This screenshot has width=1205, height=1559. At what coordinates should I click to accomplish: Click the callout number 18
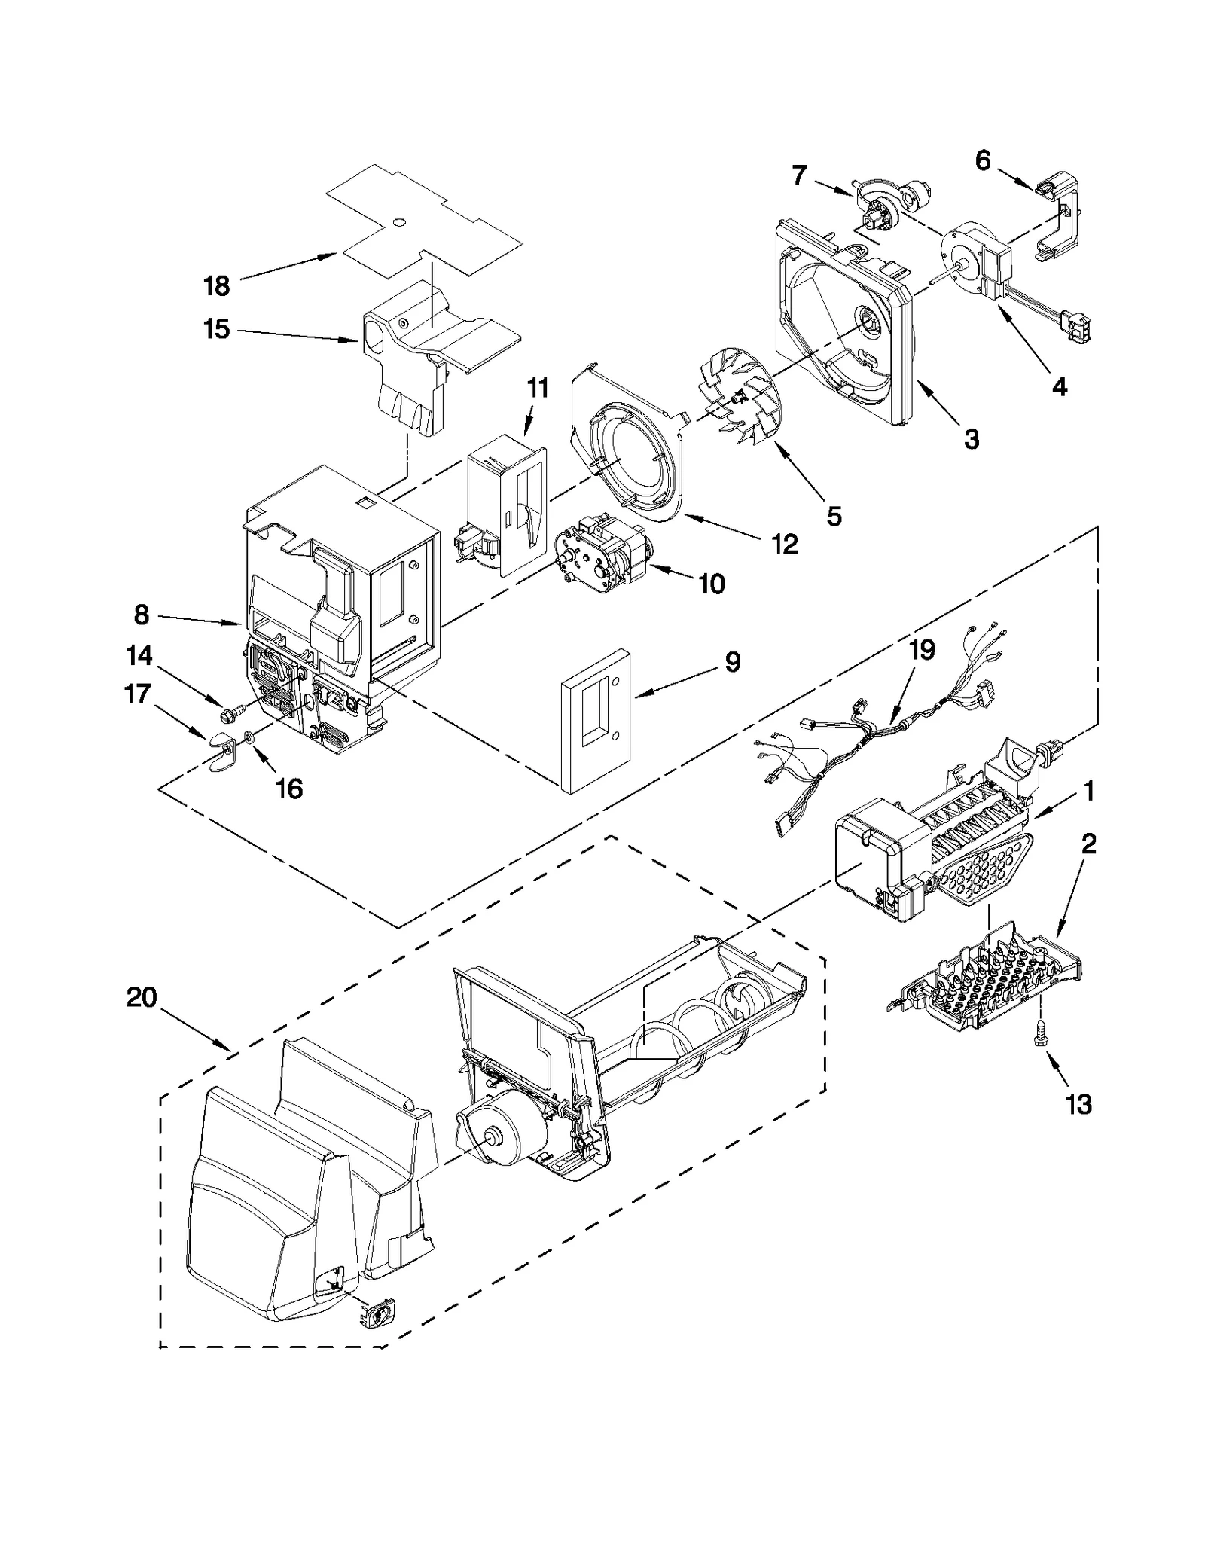[216, 286]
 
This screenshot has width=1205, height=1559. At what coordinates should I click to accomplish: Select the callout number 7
[799, 175]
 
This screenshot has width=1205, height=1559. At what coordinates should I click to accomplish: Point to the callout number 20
[142, 998]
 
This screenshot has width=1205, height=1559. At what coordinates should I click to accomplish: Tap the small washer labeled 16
[249, 737]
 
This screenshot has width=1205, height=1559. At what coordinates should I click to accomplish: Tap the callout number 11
[537, 389]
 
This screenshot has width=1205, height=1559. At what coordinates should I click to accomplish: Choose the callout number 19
[923, 649]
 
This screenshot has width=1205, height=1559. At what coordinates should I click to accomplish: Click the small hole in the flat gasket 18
[399, 222]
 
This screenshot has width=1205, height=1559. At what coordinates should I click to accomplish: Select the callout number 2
[1089, 844]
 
